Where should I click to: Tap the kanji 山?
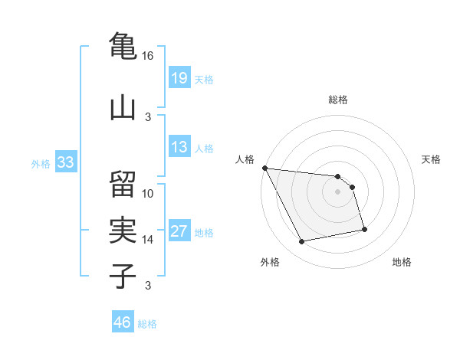tap(123, 106)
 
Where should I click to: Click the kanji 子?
tap(123, 274)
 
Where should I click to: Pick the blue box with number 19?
tap(179, 78)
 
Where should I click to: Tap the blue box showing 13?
tap(179, 147)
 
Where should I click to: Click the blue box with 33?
tap(65, 162)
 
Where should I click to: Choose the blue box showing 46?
tap(123, 322)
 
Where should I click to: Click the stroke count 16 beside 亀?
tap(148, 56)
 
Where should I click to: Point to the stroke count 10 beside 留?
tap(148, 193)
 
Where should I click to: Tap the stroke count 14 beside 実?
tap(148, 240)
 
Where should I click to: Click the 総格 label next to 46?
tap(147, 324)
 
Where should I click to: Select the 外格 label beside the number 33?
tap(41, 163)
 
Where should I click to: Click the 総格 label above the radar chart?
tap(338, 100)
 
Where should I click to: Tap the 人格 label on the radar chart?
tap(245, 159)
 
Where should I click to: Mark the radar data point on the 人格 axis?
tap(264, 168)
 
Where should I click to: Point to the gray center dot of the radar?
tap(338, 191)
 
